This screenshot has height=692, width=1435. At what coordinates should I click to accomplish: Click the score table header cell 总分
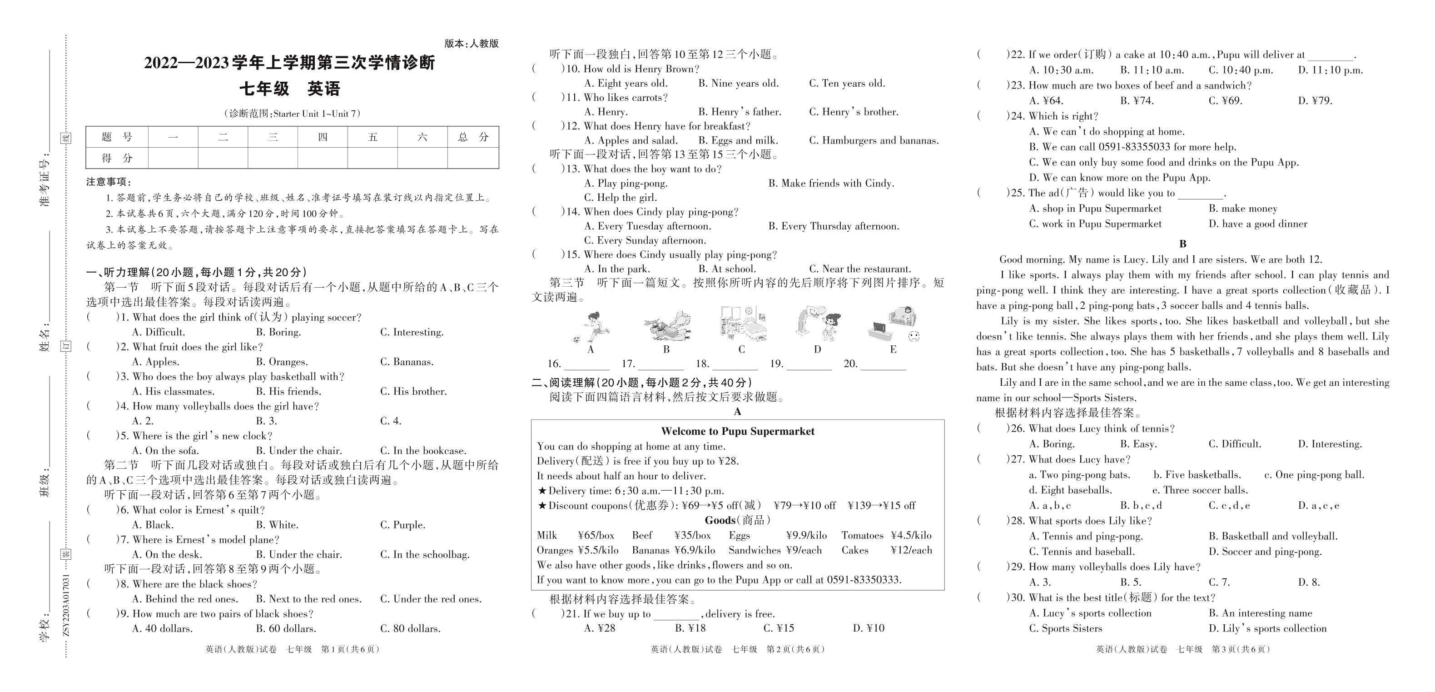pos(472,137)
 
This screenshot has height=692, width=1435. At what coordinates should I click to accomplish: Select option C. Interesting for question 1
pos(412,332)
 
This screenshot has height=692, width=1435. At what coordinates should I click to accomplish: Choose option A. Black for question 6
pos(153,525)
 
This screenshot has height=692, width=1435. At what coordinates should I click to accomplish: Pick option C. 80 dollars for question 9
pos(410,628)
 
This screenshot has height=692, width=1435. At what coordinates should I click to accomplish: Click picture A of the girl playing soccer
pos(591,327)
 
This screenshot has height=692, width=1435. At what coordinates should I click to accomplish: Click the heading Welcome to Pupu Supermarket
pos(738,431)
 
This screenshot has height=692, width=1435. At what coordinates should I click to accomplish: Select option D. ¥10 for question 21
pos(869,628)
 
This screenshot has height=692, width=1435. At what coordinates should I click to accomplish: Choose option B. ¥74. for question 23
pos(1137,101)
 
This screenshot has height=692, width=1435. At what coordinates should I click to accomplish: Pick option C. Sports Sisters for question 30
pos(1065,628)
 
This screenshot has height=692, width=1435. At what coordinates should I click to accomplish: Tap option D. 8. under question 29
pos(1309,582)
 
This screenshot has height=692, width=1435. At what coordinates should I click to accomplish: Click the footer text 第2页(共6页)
pos(795,649)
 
